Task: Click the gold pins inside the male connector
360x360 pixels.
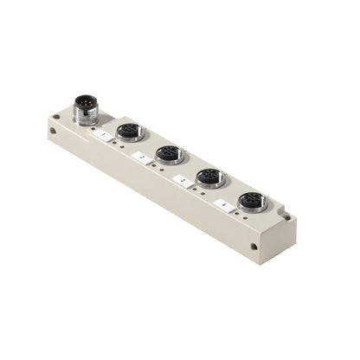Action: pyautogui.click(x=86, y=103)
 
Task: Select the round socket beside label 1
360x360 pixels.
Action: pyautogui.click(x=130, y=132)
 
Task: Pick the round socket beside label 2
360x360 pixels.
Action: pyautogui.click(x=168, y=154)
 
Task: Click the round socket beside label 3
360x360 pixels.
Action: pyautogui.click(x=209, y=177)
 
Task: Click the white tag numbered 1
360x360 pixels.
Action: pyautogui.click(x=103, y=135)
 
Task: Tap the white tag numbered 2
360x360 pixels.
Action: pyautogui.click(x=140, y=157)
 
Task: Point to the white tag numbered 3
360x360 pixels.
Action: pyautogui.click(x=181, y=180)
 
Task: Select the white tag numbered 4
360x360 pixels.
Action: pyautogui.click(x=224, y=204)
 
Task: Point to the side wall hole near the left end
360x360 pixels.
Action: pyautogui.click(x=54, y=132)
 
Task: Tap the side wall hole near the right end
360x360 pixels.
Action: pyautogui.click(x=253, y=246)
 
